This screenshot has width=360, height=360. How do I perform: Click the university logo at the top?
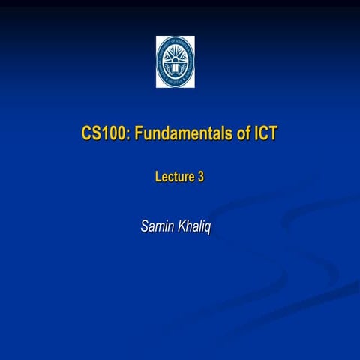click(175, 61)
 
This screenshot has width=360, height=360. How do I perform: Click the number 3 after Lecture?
click(201, 178)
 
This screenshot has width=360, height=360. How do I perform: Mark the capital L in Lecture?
click(158, 178)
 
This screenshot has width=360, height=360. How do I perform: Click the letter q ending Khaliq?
click(208, 227)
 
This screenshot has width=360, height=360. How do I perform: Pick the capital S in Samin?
click(145, 226)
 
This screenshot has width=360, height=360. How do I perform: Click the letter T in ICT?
click(273, 135)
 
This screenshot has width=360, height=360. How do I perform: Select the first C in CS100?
click(85, 135)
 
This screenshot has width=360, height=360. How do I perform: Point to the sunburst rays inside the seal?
click(175, 56)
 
